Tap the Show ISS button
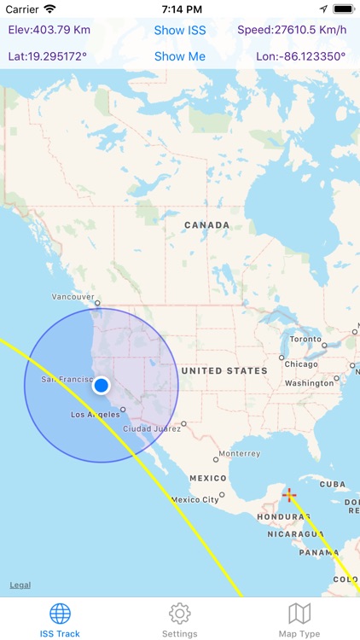click(x=180, y=31)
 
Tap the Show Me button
click(x=180, y=57)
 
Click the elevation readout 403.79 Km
click(x=49, y=31)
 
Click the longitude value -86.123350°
click(x=301, y=57)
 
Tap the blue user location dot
click(x=102, y=386)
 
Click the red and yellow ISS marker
click(x=289, y=495)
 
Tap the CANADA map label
click(x=206, y=225)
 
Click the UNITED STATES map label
click(x=225, y=371)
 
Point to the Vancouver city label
click(x=73, y=297)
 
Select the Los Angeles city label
click(x=90, y=415)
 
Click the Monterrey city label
click(x=239, y=454)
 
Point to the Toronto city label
click(x=305, y=339)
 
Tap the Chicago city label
click(x=302, y=364)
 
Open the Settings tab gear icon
click(x=179, y=614)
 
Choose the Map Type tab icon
click(x=299, y=614)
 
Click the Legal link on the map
click(x=20, y=585)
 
